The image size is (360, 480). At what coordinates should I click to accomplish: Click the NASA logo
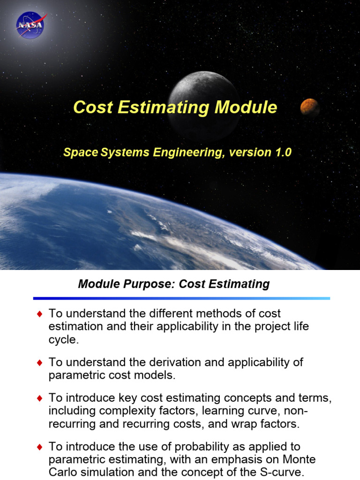tap(30, 25)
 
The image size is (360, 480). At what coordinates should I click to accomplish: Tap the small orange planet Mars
tap(309, 107)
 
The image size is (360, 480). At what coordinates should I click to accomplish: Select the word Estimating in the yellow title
tap(164, 107)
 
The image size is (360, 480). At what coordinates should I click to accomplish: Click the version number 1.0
tap(280, 152)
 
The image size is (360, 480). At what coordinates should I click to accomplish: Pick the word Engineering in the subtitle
tap(186, 152)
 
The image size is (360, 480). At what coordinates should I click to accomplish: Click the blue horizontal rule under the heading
tap(181, 298)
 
